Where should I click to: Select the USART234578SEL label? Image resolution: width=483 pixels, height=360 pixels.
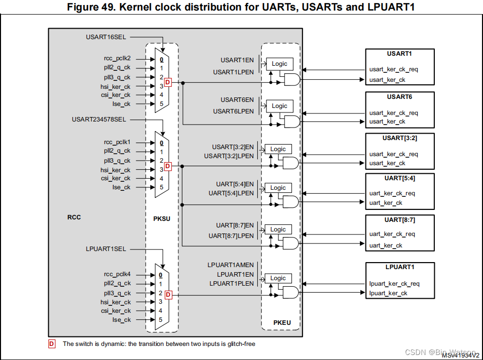point(99,119)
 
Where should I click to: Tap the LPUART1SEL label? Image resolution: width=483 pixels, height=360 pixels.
point(106,249)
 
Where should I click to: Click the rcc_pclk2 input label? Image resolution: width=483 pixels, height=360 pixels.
point(117,58)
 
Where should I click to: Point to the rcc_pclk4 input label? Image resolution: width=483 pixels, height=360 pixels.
point(117,275)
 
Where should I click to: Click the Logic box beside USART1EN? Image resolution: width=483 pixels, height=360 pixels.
point(279,64)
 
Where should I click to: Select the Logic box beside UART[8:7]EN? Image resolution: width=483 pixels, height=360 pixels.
point(278,229)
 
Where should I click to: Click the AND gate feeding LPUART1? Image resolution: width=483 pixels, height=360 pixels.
point(291,293)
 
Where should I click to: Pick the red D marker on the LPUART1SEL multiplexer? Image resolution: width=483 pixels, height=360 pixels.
point(168,295)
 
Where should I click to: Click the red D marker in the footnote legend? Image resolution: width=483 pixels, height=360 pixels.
point(52,344)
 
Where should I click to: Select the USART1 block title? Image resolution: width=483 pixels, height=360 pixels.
point(400,53)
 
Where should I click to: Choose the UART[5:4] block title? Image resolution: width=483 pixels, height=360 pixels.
point(400,178)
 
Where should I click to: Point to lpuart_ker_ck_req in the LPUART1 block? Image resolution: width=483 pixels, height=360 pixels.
point(395,284)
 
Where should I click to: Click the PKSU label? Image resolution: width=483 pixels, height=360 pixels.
point(162,218)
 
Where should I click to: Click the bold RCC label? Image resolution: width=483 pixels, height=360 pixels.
point(74,217)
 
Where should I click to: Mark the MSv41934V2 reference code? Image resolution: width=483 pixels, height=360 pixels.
point(460,355)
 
